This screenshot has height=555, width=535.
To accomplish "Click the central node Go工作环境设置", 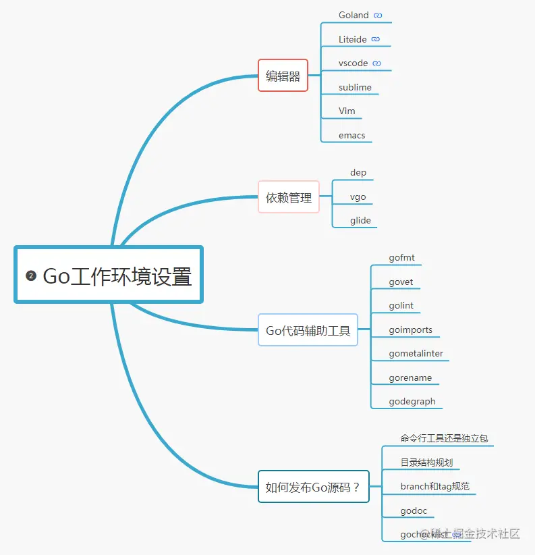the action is [x=117, y=275].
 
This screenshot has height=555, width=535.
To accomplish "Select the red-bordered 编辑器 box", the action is [x=283, y=76].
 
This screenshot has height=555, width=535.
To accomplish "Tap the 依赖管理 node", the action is [x=289, y=197].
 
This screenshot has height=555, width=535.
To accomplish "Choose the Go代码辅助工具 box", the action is [x=308, y=330].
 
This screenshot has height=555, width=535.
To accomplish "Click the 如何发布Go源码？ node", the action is [x=313, y=487].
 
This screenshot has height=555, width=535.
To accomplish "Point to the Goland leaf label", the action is [x=354, y=15].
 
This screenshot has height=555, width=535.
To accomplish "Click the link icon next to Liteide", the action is [x=376, y=39].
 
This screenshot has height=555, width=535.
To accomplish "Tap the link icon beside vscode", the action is [x=377, y=63].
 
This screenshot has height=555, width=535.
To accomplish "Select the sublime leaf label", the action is [x=355, y=87].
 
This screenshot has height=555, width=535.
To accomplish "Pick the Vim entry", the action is [x=347, y=111].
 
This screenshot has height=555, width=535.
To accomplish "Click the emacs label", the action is [x=351, y=135].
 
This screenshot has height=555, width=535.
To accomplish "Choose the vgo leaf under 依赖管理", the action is [x=358, y=196].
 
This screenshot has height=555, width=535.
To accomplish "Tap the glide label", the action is [x=360, y=220].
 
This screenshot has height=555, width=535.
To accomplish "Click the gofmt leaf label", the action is [x=401, y=257].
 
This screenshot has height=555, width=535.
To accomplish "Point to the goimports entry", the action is [x=410, y=329].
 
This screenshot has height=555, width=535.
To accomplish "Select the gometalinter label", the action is [x=416, y=353].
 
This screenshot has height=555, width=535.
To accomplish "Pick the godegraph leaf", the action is [x=412, y=401].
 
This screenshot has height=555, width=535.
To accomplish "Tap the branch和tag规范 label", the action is [x=434, y=486].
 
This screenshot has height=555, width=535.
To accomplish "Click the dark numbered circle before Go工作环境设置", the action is [x=30, y=275].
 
